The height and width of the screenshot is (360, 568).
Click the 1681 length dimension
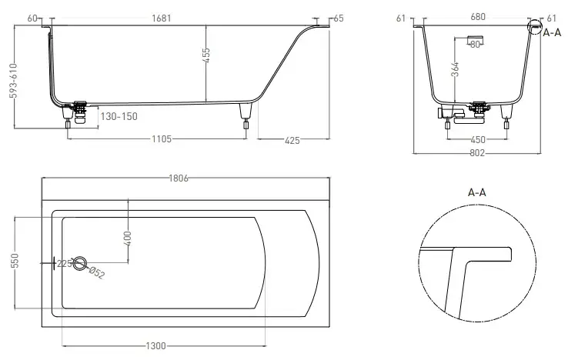(x=161, y=18)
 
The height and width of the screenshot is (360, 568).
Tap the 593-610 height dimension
(x=13, y=81)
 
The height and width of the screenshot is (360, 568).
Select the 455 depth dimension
(x=205, y=55)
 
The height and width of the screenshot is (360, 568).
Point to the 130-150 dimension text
(x=119, y=117)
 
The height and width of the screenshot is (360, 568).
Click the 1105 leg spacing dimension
(x=162, y=139)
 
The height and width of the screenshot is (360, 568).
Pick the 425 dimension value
(x=292, y=141)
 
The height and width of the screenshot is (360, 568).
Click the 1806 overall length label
(x=179, y=178)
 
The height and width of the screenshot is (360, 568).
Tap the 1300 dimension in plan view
(x=155, y=346)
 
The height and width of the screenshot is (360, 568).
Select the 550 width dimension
(x=15, y=261)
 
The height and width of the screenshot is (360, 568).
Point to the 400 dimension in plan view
(x=128, y=238)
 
